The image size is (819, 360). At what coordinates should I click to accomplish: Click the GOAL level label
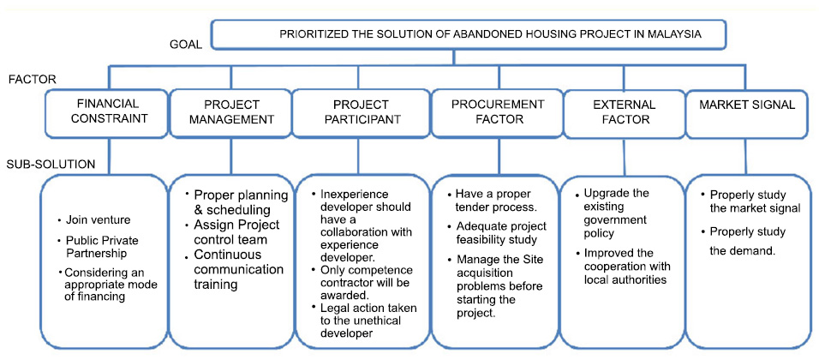(x=186, y=45)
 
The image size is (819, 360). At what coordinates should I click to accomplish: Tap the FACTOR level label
(x=33, y=80)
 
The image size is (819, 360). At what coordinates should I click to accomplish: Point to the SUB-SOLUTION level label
(x=51, y=165)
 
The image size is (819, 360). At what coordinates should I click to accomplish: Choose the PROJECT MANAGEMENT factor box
(x=230, y=113)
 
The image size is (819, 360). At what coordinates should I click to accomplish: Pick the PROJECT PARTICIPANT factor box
(x=358, y=113)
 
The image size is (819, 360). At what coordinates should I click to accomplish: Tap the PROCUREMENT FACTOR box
(x=497, y=113)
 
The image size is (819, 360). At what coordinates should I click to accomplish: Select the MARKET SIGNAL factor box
(x=747, y=113)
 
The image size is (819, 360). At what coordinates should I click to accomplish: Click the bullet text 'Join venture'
(x=87, y=220)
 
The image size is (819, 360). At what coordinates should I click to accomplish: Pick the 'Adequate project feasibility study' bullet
(x=499, y=233)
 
